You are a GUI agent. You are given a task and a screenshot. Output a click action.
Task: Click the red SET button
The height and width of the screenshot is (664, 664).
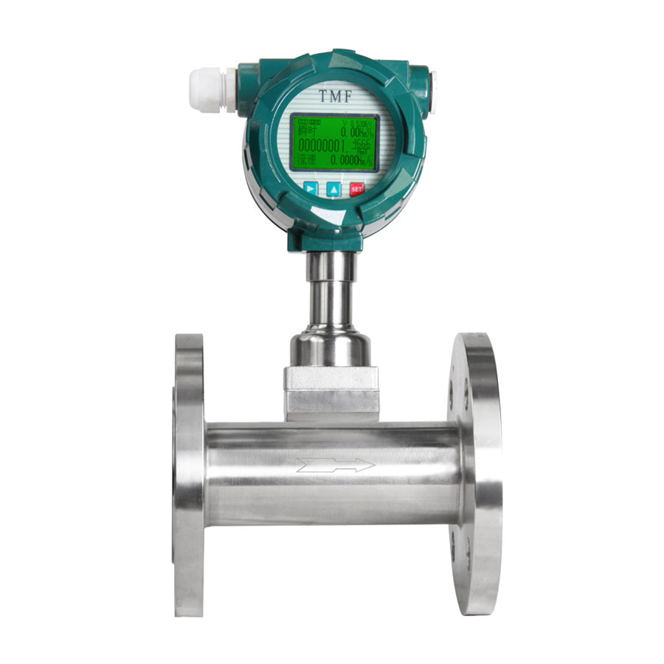tap(357, 188)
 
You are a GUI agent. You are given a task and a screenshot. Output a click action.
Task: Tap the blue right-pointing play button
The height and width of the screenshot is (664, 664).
tap(311, 188)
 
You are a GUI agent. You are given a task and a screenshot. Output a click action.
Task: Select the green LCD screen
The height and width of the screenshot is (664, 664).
tap(333, 143)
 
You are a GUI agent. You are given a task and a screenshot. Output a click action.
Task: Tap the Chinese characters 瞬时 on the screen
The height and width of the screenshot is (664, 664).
tap(305, 130)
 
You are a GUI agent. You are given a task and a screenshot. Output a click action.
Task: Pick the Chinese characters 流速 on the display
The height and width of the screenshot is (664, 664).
tap(305, 160)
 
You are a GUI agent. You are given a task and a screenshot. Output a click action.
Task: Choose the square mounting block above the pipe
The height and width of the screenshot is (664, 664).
tap(332, 392)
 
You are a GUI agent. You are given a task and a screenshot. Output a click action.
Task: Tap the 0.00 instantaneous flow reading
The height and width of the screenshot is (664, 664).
tap(350, 130)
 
